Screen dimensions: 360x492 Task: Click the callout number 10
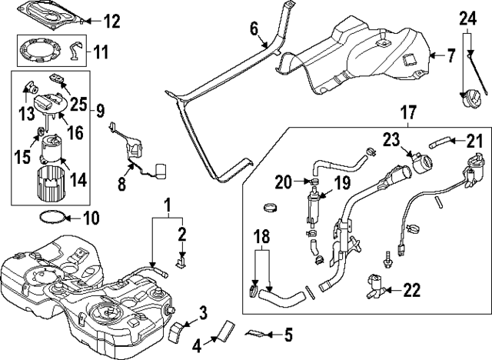pos(91,218)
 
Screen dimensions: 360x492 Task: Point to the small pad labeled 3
pos(178,330)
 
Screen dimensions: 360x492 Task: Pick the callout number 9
pos(100,110)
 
